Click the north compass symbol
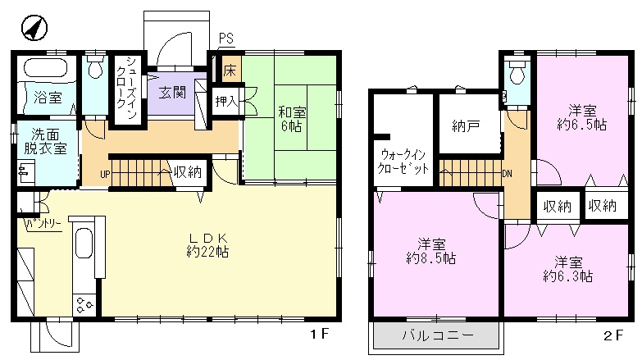pyautogui.click(x=34, y=28)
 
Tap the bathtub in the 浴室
pyautogui.click(x=45, y=67)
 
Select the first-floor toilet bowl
pyautogui.click(x=95, y=67)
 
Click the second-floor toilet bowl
pyautogui.click(x=517, y=73)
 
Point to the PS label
pyautogui.click(x=226, y=38)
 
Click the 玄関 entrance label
pyautogui.click(x=172, y=93)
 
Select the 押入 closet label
pyautogui.click(x=226, y=101)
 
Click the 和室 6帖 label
pyautogui.click(x=292, y=118)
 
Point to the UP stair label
pyautogui.click(x=105, y=175)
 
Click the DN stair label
pyautogui.click(x=507, y=174)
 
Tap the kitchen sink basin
pyautogui.click(x=84, y=242)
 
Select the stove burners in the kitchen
pyautogui.click(x=84, y=304)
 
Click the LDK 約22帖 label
pyautogui.click(x=207, y=245)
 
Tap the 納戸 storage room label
pyautogui.click(x=466, y=125)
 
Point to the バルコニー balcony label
pyautogui.click(x=438, y=336)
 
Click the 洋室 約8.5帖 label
pyautogui.click(x=431, y=252)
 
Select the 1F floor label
pyautogui.click(x=320, y=335)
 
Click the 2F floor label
pyautogui.click(x=613, y=335)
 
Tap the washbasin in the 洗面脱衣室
pyautogui.click(x=25, y=172)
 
